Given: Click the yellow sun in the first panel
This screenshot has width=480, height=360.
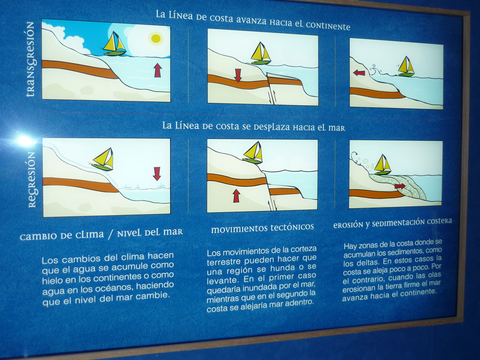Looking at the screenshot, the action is point(156,39).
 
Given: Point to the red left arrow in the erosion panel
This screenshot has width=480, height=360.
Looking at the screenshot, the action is point(359,73).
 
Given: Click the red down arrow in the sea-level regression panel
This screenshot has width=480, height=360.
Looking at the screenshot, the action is point(157,174).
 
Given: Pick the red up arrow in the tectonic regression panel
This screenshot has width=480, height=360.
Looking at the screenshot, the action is point(236,196).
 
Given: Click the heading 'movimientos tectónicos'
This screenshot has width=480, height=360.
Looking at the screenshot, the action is point(262,228).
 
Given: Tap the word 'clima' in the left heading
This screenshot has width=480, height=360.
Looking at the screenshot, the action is point(90,235).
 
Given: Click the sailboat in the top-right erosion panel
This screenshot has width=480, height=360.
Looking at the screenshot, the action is point(405,66).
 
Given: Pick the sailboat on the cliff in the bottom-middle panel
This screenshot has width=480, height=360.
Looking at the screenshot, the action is point(253,152).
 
